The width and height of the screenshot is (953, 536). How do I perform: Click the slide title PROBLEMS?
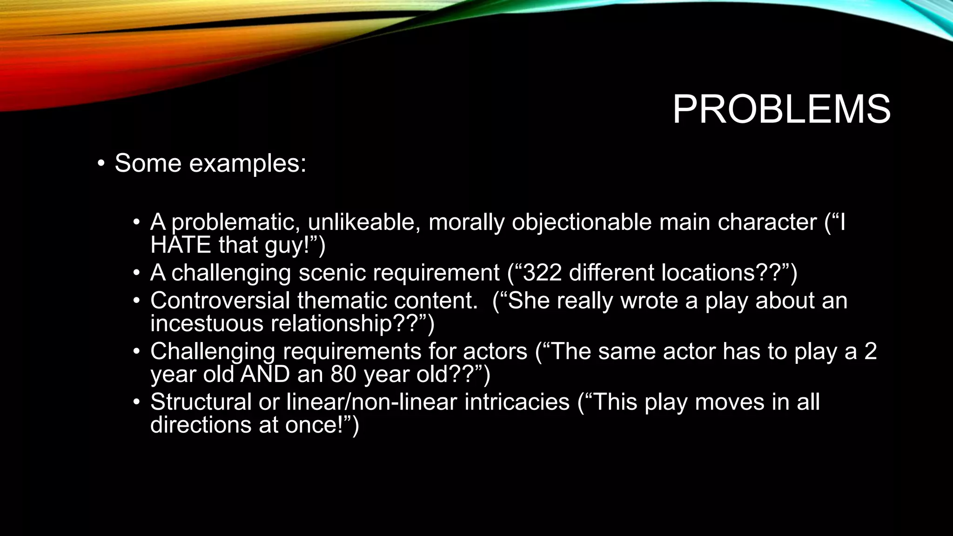pyautogui.click(x=781, y=110)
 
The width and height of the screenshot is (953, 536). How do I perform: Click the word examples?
pyautogui.click(x=247, y=163)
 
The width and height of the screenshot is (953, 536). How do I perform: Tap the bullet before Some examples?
pyautogui.click(x=101, y=163)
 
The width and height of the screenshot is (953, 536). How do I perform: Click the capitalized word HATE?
pyautogui.click(x=181, y=245)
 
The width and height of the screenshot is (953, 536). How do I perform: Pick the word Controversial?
pyautogui.click(x=220, y=301)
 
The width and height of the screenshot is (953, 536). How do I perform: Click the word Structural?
pyautogui.click(x=201, y=402)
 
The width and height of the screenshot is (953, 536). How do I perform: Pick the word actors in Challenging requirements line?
pyautogui.click(x=495, y=351)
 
